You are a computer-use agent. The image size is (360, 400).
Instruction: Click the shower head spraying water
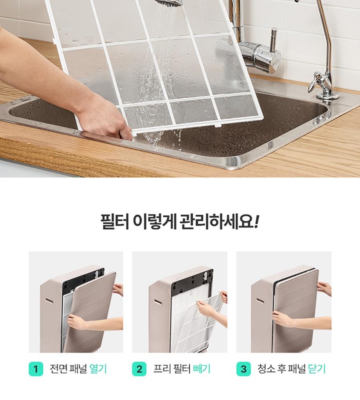[x=169, y=2]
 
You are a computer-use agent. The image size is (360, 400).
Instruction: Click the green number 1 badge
[x=36, y=369]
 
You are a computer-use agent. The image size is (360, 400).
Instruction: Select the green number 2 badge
[x=139, y=369]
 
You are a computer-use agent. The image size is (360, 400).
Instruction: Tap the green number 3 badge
[x=244, y=369]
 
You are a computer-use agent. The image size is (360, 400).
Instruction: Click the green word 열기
[x=98, y=369]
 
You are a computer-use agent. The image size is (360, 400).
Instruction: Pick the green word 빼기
[x=202, y=369]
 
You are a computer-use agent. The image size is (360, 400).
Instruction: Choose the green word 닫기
[x=317, y=369]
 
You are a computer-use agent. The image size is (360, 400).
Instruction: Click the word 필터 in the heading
[x=115, y=222]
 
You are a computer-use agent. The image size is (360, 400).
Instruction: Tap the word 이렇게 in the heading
[x=155, y=222]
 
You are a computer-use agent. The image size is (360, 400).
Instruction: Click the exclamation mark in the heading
[x=256, y=222]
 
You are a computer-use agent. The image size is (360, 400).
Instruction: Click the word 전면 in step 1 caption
[x=58, y=369]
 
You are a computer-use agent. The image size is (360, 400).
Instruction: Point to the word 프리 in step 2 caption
[x=162, y=369]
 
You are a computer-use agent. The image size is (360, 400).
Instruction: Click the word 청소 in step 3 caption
[x=266, y=369]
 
